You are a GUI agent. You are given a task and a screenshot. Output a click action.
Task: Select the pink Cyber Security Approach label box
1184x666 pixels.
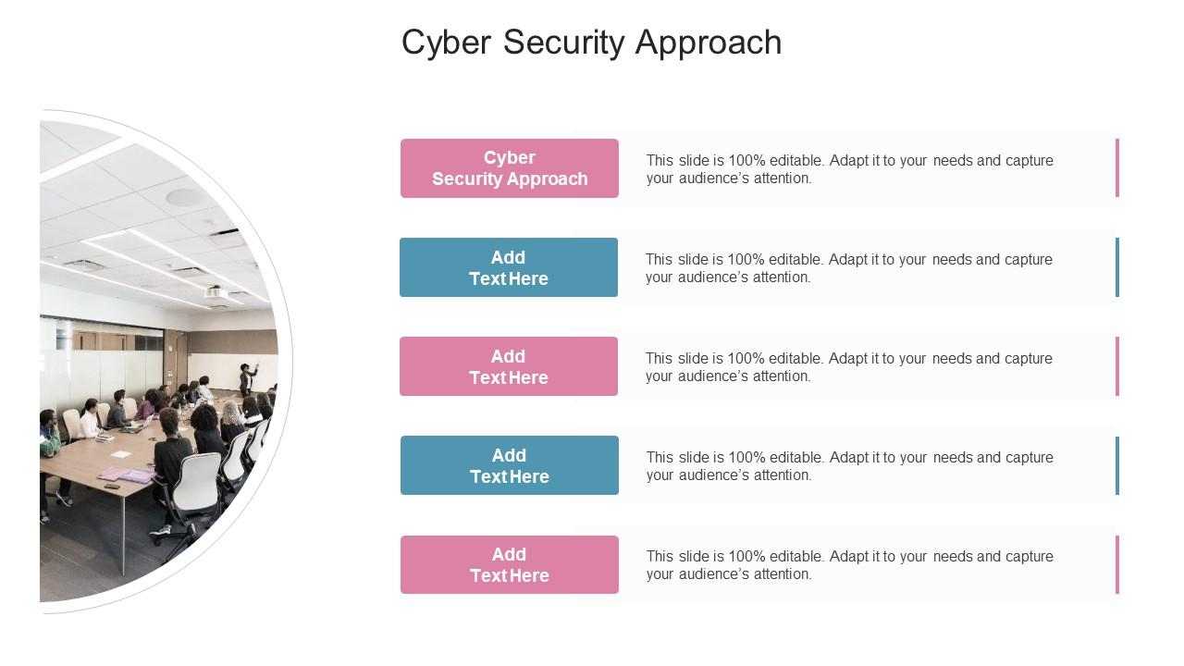(x=510, y=168)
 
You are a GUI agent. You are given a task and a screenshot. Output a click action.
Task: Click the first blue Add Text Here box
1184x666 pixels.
(x=509, y=267)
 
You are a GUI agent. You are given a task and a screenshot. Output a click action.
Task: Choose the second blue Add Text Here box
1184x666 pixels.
(x=510, y=465)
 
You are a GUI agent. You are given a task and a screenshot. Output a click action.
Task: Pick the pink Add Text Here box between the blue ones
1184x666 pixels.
(x=509, y=366)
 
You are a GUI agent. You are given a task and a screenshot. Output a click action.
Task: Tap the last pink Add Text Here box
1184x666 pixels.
(x=510, y=564)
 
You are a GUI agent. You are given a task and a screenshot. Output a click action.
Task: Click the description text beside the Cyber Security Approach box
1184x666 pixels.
(x=849, y=169)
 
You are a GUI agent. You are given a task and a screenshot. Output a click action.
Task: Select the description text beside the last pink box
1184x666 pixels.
(x=849, y=565)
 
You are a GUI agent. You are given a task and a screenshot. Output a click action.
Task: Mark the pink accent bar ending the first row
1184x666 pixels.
(x=1117, y=168)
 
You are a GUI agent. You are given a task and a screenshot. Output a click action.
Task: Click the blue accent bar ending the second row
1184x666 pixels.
(x=1117, y=267)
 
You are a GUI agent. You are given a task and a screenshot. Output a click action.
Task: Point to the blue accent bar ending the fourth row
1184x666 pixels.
(x=1117, y=465)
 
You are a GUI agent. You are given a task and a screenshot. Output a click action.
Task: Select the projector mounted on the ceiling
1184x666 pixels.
(x=216, y=293)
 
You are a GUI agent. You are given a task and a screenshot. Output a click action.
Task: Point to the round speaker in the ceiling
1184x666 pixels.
(x=182, y=197)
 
